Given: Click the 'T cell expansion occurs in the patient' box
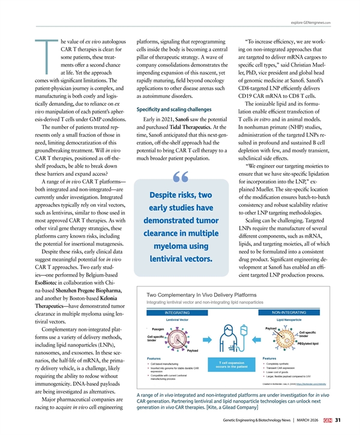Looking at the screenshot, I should [x=231, y=364].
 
